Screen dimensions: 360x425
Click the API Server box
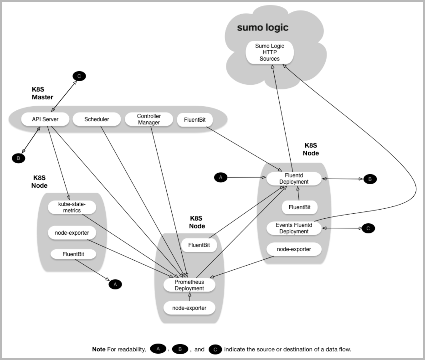click(x=45, y=119)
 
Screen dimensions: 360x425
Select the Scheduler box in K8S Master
click(x=96, y=119)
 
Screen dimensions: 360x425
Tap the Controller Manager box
click(x=149, y=119)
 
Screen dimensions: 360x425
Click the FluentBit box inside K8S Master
click(x=195, y=120)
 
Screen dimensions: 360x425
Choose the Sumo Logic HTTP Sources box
click(x=270, y=52)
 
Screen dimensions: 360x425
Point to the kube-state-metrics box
click(x=72, y=207)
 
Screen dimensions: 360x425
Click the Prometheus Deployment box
click(x=189, y=285)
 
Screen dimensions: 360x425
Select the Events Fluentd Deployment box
click(x=294, y=228)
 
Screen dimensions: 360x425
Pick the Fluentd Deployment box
click(x=294, y=179)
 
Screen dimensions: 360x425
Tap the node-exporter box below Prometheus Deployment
click(x=189, y=308)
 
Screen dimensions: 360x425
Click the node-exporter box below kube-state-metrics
click(x=72, y=233)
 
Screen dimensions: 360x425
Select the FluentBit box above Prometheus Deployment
click(x=199, y=245)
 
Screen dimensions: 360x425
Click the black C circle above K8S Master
click(x=79, y=76)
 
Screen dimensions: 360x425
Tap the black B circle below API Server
click(x=18, y=158)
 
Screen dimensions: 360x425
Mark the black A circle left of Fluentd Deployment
click(x=220, y=177)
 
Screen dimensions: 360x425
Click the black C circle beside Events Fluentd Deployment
click(x=368, y=228)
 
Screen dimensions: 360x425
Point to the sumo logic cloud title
click(x=263, y=27)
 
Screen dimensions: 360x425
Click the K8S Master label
click(x=42, y=93)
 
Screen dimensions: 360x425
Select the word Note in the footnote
click(x=99, y=349)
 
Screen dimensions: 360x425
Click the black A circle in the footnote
click(x=158, y=349)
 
